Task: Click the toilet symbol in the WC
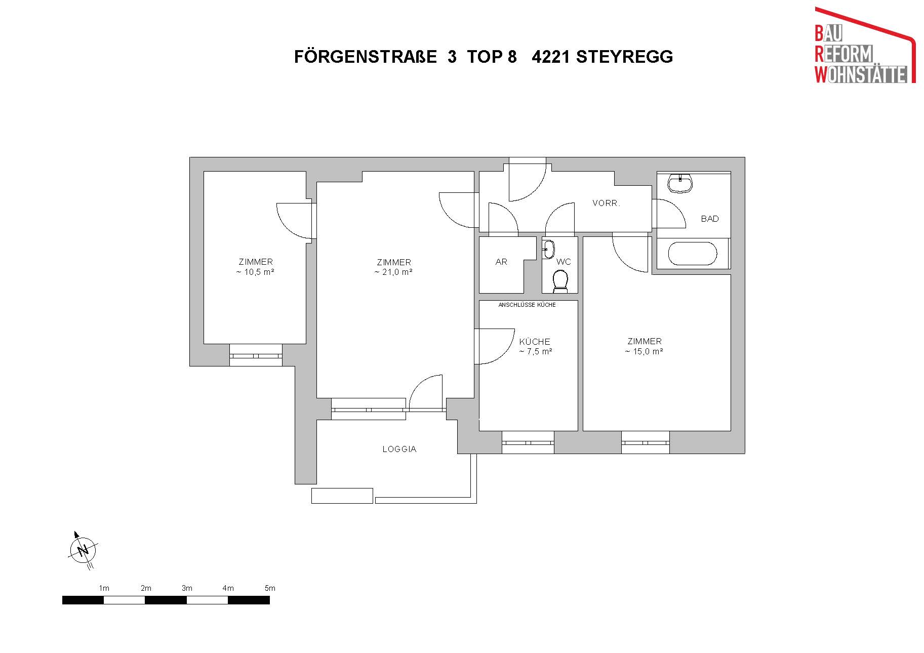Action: (560, 281)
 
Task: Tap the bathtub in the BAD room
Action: (693, 254)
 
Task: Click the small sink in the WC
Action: (549, 249)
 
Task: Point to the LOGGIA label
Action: (399, 449)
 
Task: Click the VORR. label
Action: (606, 203)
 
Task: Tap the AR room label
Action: (501, 262)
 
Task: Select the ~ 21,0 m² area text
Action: (393, 272)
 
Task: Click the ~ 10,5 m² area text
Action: (255, 272)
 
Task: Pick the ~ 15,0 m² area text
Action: (644, 351)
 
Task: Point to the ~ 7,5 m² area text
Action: (536, 351)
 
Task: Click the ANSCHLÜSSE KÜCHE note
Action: (527, 305)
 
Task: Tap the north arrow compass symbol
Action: (83, 550)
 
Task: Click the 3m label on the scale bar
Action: (187, 588)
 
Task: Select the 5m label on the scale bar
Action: (270, 588)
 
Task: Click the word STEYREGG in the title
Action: (624, 57)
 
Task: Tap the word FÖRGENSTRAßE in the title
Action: (366, 57)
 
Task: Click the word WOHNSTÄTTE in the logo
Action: (861, 75)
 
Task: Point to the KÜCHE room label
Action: (535, 342)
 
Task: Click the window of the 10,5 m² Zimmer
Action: (256, 355)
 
